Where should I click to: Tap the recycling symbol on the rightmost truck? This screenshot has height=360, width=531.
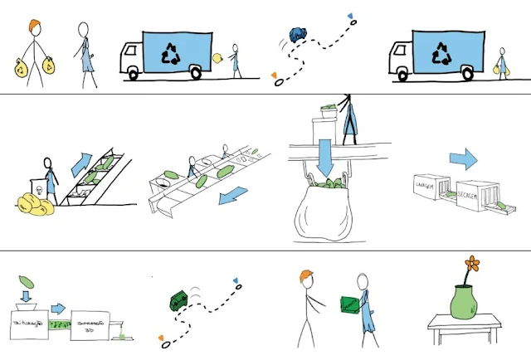(x=441, y=54)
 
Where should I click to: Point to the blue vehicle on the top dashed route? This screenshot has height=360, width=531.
(x=297, y=34)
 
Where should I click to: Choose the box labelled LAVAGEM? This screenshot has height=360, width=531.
(x=433, y=189)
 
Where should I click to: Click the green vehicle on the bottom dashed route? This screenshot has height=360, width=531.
(x=182, y=300)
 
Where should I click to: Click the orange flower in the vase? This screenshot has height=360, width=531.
(x=472, y=265)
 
